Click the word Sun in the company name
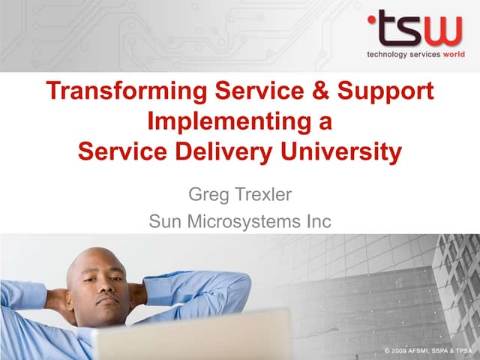pyautogui.click(x=166, y=222)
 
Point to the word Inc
pyautogui.click(x=316, y=222)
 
